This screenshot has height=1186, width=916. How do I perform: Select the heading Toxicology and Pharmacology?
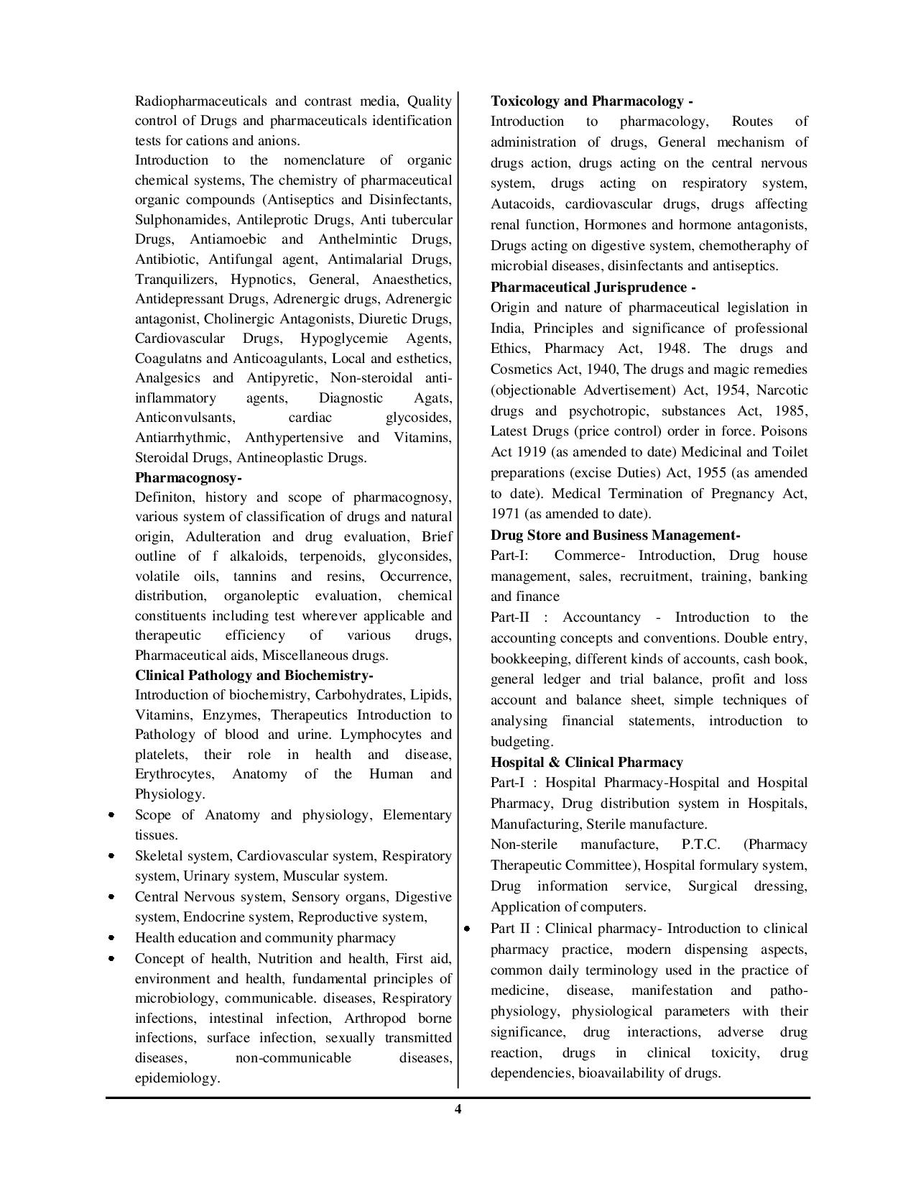point(591,101)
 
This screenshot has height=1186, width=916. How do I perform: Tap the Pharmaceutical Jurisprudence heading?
point(593,288)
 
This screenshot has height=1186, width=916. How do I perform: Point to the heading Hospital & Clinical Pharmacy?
point(586,762)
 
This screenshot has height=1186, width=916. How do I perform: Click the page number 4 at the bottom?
point(458,1109)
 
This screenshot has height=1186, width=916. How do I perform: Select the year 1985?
point(791,411)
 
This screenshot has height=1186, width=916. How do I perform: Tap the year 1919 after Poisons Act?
point(529,452)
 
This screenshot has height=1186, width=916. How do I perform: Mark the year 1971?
point(505,514)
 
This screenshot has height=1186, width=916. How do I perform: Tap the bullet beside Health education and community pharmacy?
point(111,938)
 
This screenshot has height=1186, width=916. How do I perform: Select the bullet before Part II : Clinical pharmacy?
point(467,929)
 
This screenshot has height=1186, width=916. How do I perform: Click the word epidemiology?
point(177,1078)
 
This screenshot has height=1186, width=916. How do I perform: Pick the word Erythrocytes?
point(174,774)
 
